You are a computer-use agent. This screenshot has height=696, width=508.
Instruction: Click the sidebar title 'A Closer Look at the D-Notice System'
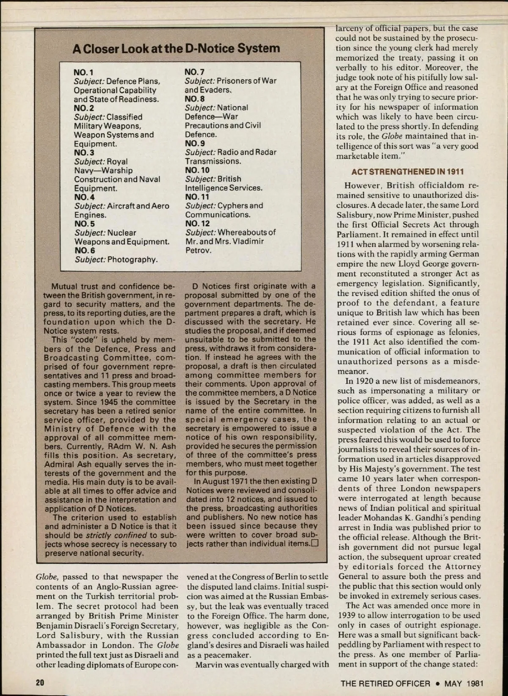coord(176,48)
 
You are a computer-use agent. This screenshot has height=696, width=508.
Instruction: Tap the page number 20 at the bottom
coord(40,682)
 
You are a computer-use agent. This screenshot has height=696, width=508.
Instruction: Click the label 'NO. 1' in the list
coord(84,72)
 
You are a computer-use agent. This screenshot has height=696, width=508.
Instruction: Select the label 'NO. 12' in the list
coord(197,224)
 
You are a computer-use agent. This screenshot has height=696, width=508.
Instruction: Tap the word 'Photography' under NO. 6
coord(132,259)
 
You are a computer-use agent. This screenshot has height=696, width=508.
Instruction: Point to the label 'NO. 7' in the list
coord(195,72)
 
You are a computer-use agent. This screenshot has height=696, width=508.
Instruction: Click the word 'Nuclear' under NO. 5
coord(121,232)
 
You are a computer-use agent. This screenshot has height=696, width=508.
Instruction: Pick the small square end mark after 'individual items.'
coord(315,544)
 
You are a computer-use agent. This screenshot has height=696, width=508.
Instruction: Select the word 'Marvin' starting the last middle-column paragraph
coord(209,664)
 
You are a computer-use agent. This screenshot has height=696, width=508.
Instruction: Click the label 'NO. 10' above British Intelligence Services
coord(197,170)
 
